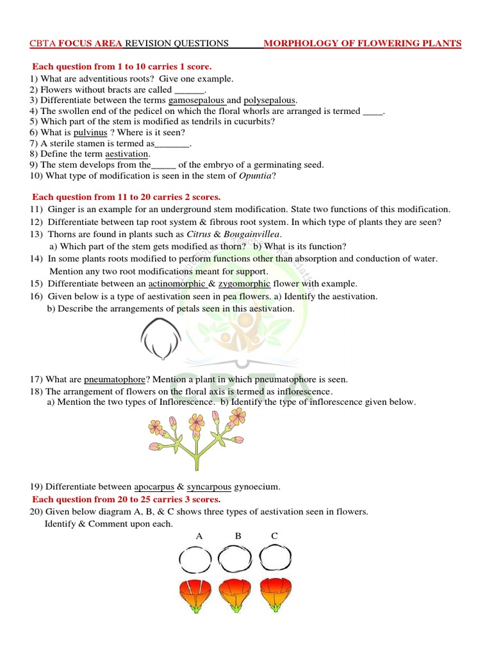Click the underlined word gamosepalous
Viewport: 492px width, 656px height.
point(196,101)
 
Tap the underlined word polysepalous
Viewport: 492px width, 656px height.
point(269,101)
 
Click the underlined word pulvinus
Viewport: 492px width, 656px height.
point(90,133)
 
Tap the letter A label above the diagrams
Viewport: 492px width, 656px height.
point(199,536)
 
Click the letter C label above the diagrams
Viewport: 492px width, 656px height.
point(275,536)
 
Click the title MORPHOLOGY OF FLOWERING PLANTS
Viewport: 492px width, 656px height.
point(363,44)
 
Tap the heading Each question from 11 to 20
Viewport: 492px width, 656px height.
point(126,197)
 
